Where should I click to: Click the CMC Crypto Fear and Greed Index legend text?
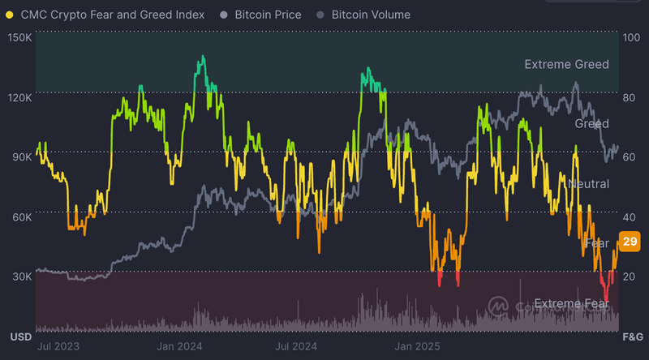tap(112, 15)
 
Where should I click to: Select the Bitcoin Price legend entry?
tap(267, 15)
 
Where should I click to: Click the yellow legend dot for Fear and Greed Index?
tap(9, 15)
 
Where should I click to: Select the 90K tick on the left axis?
tap(20, 157)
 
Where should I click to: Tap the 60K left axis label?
tap(20, 217)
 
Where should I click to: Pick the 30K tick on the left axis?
tap(20, 276)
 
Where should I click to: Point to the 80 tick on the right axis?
tap(630, 97)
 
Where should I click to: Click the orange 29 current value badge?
tap(630, 242)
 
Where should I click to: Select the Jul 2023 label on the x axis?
tap(59, 346)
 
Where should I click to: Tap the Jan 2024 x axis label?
tap(179, 346)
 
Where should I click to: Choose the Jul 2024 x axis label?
tap(296, 346)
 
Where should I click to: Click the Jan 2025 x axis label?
tap(416, 346)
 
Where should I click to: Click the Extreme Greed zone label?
tap(566, 64)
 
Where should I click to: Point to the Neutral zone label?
tap(589, 184)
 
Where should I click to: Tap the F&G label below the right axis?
tap(632, 336)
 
